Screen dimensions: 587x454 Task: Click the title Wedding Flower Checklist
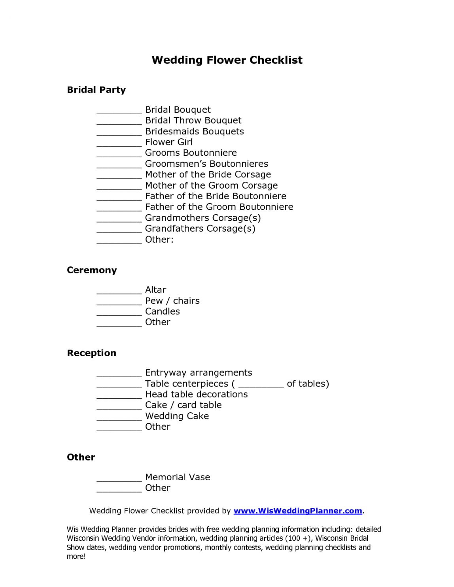tap(227, 60)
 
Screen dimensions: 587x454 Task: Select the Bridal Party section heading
tap(96, 90)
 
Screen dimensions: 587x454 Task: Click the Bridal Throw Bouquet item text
tap(193, 121)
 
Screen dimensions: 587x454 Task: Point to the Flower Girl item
tap(169, 142)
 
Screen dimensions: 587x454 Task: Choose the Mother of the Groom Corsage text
tap(211, 185)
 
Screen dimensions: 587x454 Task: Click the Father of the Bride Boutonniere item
tap(216, 196)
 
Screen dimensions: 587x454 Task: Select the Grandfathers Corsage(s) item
tap(200, 228)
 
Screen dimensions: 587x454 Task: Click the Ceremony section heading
tap(92, 270)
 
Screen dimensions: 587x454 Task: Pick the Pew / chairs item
tap(172, 301)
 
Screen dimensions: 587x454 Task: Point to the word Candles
tap(162, 311)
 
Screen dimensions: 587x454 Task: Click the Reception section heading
tap(91, 353)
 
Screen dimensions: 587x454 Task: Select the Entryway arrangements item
tap(199, 373)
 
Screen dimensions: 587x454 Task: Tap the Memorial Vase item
tap(178, 477)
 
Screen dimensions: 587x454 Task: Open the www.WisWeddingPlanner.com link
tap(298, 511)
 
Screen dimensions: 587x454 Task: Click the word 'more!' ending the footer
tap(76, 557)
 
